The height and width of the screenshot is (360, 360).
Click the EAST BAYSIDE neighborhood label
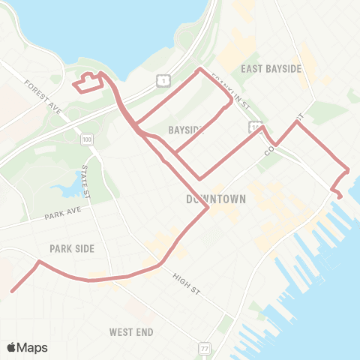tap(271, 68)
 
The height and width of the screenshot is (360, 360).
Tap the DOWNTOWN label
tap(216, 199)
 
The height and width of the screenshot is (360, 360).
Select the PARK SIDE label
tap(72, 248)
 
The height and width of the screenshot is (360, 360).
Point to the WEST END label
tap(131, 331)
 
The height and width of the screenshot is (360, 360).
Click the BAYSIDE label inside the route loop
tap(186, 130)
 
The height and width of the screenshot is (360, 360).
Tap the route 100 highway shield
tap(88, 139)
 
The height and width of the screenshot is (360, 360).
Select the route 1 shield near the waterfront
tap(163, 79)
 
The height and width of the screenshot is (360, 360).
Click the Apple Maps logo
tap(27, 347)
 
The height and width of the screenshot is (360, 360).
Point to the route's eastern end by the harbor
tap(340, 196)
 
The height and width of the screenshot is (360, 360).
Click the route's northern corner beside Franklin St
tap(199, 70)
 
